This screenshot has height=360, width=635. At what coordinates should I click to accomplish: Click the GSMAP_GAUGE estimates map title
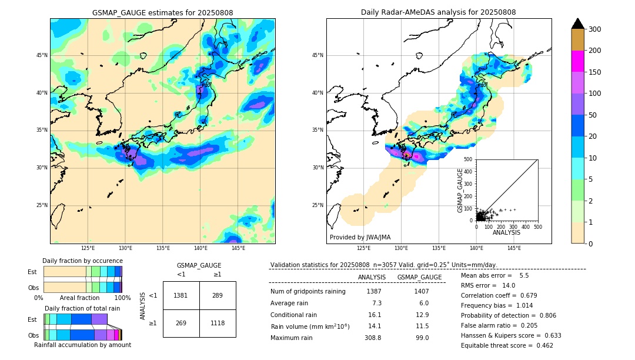click(162, 12)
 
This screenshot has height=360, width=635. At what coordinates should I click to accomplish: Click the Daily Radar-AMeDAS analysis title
click(438, 12)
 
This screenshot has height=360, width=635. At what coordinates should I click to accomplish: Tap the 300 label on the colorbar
click(594, 29)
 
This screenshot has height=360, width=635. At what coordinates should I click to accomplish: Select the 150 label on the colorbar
click(594, 72)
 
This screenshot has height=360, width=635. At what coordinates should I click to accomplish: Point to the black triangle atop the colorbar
click(578, 24)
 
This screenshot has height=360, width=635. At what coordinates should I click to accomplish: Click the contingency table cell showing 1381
click(181, 295)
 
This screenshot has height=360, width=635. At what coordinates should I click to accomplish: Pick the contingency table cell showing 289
click(218, 295)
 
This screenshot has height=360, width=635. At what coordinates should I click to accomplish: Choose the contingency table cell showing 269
click(181, 323)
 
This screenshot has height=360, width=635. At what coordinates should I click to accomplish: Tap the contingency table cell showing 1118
click(218, 323)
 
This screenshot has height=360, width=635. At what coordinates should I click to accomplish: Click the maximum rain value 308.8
click(373, 338)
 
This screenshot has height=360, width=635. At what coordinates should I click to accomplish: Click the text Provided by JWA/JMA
click(360, 238)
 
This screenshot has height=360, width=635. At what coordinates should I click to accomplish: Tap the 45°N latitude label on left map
click(41, 55)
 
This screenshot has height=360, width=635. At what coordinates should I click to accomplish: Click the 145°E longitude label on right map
click(514, 248)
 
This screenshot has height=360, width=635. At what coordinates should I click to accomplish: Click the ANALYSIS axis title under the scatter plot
click(506, 232)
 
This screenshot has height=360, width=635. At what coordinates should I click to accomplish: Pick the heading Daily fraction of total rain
click(82, 308)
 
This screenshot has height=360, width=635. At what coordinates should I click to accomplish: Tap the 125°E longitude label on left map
click(88, 248)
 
